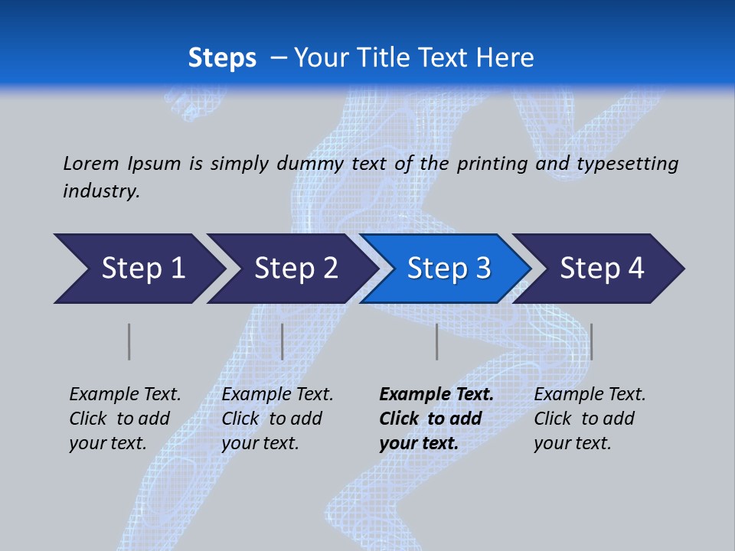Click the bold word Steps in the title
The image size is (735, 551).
222,58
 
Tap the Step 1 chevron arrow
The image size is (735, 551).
142,269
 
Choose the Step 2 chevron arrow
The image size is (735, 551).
296,269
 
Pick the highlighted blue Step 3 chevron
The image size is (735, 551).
449,269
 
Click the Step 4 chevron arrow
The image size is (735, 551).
602,269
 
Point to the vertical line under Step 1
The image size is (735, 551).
129,341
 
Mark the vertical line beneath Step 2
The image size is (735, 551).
283,341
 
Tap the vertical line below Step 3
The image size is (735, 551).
436,341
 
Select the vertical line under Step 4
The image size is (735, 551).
591,341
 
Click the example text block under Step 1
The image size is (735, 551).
125,419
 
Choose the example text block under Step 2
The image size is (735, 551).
277,419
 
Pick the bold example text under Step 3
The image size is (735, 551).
436,419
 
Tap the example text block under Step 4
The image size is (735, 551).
590,419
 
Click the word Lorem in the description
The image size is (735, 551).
91,164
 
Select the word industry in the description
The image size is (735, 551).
100,191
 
